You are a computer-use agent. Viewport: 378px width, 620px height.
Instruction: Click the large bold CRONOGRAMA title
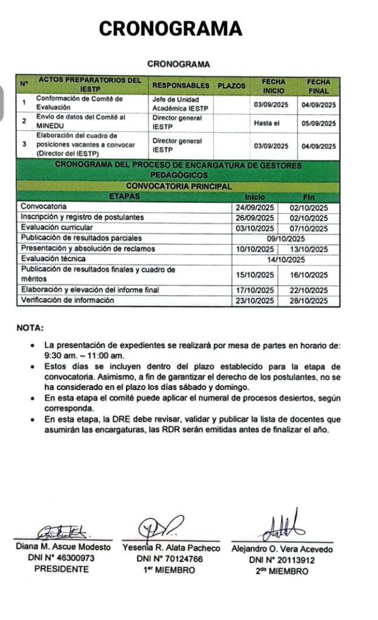coord(170,28)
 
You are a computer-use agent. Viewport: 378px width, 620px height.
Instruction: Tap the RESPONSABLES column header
coord(181,85)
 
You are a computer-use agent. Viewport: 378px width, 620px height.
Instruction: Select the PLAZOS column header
coord(231,85)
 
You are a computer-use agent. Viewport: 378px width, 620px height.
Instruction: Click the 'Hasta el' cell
coord(270,123)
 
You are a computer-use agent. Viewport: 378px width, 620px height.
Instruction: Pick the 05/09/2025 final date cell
coord(318,123)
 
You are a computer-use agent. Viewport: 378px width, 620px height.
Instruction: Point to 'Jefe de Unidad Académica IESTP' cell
coord(180,104)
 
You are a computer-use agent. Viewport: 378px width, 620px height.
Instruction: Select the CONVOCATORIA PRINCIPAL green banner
coord(179,186)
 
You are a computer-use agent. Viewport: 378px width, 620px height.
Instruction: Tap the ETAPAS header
coord(125,196)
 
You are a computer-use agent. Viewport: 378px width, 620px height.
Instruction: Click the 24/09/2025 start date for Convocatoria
coord(255,206)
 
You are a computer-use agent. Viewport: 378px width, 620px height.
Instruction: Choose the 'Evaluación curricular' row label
coord(57,228)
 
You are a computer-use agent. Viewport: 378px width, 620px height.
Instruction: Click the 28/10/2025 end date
coord(309,301)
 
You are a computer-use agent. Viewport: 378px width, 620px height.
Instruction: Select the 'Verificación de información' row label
coord(67,300)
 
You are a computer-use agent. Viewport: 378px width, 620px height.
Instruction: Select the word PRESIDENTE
coord(61,569)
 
